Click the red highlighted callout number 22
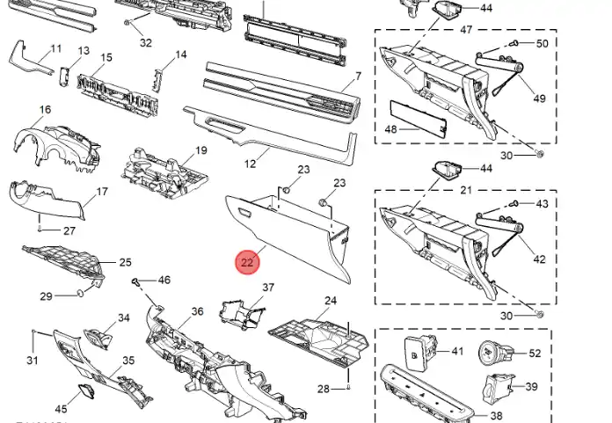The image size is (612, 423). click(247, 262)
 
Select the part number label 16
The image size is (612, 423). click(45, 110)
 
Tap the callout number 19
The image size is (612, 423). click(201, 150)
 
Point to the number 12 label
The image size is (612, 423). click(251, 164)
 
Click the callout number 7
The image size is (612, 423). click(358, 77)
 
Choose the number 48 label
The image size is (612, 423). click(390, 129)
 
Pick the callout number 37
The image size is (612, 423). click(268, 288)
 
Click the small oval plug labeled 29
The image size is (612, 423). click(79, 293)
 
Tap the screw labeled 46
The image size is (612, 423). click(136, 281)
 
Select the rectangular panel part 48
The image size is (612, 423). click(419, 120)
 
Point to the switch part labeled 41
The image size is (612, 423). click(419, 354)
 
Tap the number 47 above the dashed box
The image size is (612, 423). click(466, 30)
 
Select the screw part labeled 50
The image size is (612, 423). click(514, 43)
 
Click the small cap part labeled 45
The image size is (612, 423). click(86, 390)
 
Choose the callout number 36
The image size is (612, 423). click(198, 311)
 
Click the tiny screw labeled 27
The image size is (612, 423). click(40, 230)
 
